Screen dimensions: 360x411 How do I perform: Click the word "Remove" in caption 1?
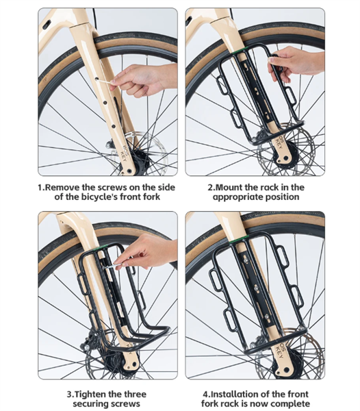click(x=62, y=188)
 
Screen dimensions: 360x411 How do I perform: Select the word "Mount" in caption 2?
click(x=229, y=188)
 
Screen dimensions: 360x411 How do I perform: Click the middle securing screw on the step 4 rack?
click(x=257, y=288)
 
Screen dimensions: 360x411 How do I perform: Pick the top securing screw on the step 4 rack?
click(x=245, y=260)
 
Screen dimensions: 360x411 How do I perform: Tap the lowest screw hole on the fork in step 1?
click(x=114, y=126)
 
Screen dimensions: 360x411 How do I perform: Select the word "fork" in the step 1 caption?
click(x=151, y=197)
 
